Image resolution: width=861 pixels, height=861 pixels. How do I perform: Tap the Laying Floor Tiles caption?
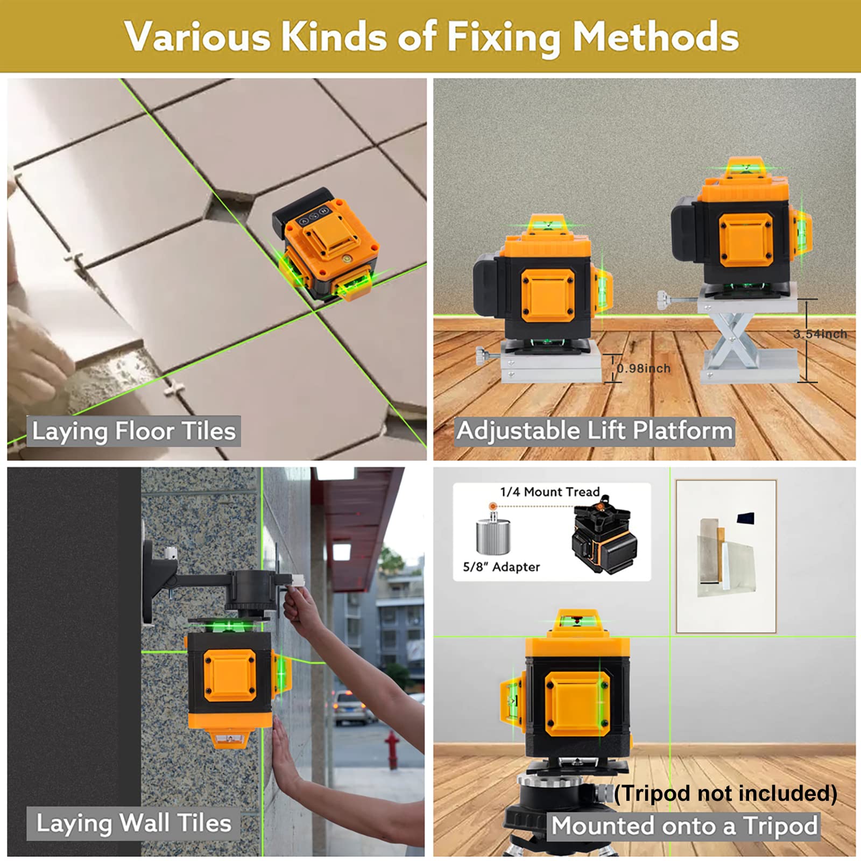[x=134, y=432]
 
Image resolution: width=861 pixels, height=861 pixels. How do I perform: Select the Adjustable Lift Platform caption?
[x=595, y=431]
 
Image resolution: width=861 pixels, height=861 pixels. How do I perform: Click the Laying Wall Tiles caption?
[x=134, y=823]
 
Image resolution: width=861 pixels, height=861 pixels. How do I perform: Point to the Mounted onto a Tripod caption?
[x=684, y=826]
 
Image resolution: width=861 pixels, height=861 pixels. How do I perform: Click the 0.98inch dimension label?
[x=644, y=369]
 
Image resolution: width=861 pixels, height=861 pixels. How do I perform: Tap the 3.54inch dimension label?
[x=820, y=334]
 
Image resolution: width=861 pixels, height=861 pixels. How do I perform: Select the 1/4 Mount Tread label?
[x=549, y=492]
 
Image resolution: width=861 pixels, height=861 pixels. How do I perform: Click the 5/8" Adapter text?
[x=501, y=567]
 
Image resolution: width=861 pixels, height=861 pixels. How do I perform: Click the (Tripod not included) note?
[x=725, y=794]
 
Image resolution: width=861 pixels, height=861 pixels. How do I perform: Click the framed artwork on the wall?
[x=726, y=556]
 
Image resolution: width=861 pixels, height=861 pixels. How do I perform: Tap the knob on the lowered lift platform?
[x=482, y=356]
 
